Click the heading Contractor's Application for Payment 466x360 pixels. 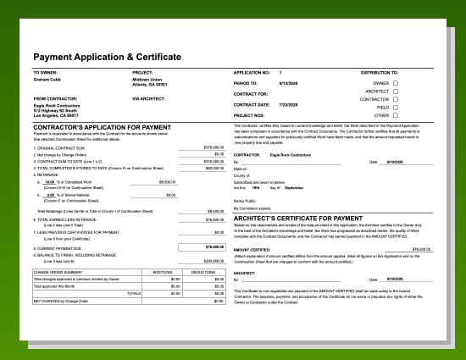91,127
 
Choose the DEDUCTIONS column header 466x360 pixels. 203,272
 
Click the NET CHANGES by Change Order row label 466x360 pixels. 62,301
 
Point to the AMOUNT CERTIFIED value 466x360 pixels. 421,249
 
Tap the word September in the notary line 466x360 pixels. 294,187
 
